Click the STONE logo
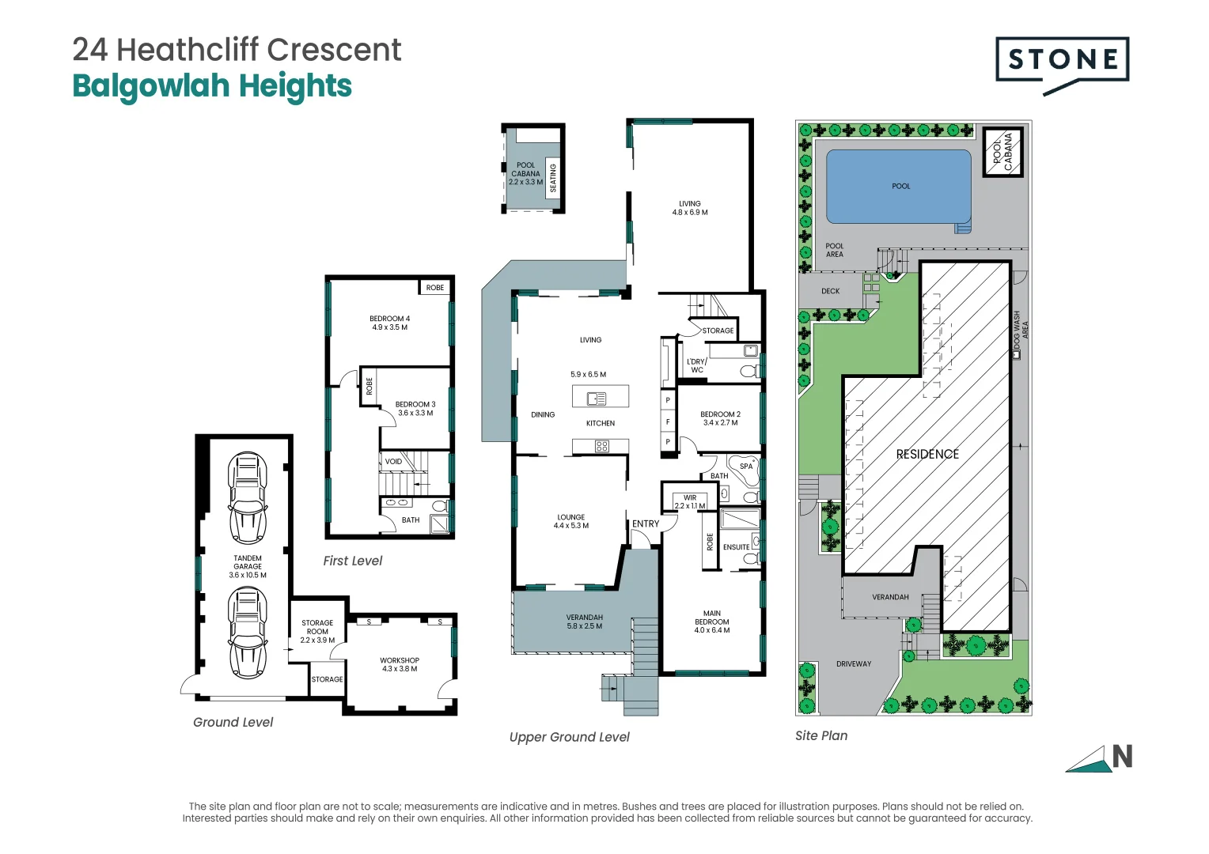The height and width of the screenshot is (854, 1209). point(1062,61)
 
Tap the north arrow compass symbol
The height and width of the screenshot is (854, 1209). point(1100,758)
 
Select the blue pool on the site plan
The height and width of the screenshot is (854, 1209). point(898,187)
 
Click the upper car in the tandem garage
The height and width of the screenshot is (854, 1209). point(248,497)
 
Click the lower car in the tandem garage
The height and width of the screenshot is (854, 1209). point(248,633)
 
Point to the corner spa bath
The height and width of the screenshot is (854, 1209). point(744,469)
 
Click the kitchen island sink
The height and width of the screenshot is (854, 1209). point(597,399)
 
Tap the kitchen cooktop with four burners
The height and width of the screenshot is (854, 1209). point(601,447)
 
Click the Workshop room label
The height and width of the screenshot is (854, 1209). point(400,664)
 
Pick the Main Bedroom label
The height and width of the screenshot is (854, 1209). point(712,622)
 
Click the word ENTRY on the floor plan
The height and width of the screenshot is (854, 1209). point(646,524)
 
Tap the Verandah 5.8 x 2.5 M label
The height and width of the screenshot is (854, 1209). point(585,622)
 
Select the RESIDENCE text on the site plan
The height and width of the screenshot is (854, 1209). point(927,454)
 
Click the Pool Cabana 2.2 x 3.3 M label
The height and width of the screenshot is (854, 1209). point(525,174)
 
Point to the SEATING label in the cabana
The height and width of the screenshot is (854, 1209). point(553,178)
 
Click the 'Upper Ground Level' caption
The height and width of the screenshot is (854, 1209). point(569,737)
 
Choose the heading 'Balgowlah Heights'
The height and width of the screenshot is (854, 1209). point(212,86)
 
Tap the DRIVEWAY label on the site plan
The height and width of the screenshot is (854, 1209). point(854,664)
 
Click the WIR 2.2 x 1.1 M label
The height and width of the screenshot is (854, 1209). point(690,502)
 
